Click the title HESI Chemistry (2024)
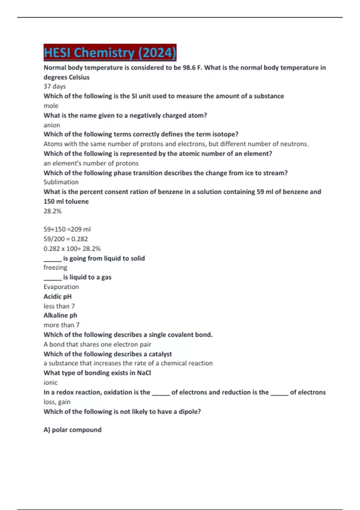pos(110,53)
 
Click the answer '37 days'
pos(55,86)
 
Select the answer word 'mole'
pos(51,106)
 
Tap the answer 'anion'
pos(52,125)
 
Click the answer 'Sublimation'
pos(61,182)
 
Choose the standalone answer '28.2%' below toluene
pos(52,211)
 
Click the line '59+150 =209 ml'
pos(67,229)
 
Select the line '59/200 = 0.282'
pos(66,239)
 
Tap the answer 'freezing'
pos(55,267)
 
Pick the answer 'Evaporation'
pos(61,287)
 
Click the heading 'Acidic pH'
pos(58,296)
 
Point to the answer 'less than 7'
pos(59,306)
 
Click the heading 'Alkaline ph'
pos(60,315)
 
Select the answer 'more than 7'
pos(61,325)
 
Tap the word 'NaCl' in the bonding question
pos(144,373)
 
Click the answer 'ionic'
pos(50,382)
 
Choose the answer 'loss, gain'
pos(57,402)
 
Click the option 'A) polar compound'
pos(72,430)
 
